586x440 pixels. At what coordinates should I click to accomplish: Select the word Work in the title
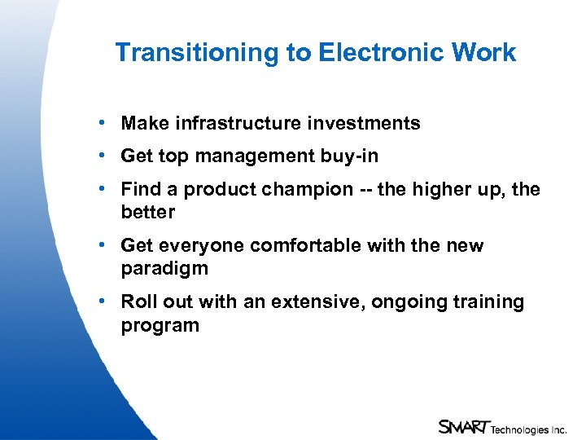(x=484, y=53)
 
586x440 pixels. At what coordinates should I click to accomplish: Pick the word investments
(x=364, y=124)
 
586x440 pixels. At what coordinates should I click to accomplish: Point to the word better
(x=148, y=212)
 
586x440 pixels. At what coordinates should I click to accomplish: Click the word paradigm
(x=164, y=268)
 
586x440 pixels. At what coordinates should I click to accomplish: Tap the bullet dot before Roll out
(x=99, y=301)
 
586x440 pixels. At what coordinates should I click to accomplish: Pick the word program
(x=160, y=325)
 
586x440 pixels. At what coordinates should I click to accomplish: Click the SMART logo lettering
(x=462, y=425)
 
